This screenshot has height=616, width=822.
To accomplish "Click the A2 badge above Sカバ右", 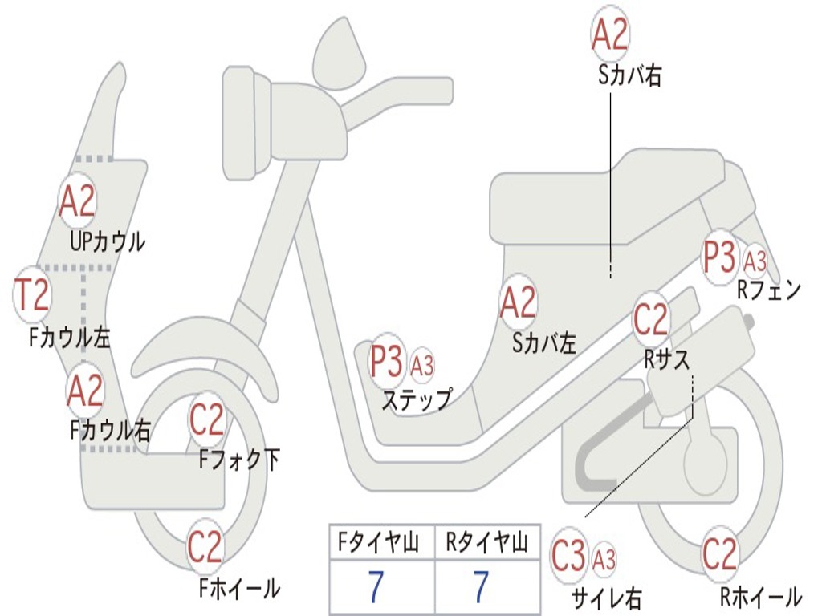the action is [x=610, y=34].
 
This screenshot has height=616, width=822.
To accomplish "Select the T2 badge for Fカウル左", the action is [x=33, y=295].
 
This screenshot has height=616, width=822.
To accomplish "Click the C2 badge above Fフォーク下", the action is [x=207, y=419].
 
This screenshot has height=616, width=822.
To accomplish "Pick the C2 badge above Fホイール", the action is [x=205, y=548].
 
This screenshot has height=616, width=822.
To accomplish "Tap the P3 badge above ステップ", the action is [x=386, y=362].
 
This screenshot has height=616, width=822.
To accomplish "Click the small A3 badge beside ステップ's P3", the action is [x=422, y=367].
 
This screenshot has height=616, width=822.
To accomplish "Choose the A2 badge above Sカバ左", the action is [x=518, y=303].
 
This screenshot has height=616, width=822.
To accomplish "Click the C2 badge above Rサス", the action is [x=650, y=320].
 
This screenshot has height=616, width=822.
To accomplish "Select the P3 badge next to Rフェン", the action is [x=718, y=257].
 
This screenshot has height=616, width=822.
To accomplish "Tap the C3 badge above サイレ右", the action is [x=569, y=557].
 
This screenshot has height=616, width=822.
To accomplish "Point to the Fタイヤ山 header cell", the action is [x=382, y=544].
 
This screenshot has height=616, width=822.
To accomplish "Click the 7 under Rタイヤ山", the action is [x=481, y=588].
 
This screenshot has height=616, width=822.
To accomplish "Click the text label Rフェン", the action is [x=769, y=290].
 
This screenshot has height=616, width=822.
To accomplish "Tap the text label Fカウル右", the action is [x=110, y=432].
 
